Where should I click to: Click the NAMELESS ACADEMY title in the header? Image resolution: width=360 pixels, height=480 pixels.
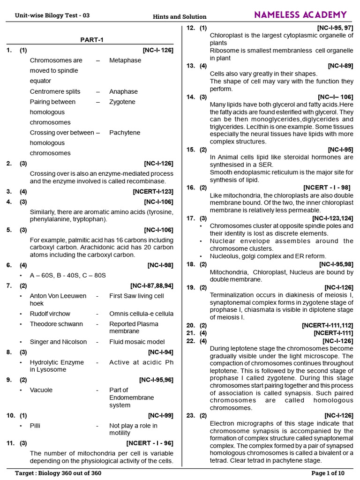pyautogui.click(x=300, y=15)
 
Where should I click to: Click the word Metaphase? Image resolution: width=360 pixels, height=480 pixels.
pyautogui.click(x=125, y=60)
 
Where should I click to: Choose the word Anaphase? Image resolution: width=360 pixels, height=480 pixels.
pyautogui.click(x=123, y=92)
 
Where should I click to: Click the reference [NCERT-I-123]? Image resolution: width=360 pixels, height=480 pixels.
pyautogui.click(x=153, y=192)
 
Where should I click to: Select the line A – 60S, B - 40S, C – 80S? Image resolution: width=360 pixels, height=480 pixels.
pyautogui.click(x=68, y=276)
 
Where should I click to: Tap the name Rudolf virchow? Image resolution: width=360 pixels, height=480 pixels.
pyautogui.click(x=50, y=314)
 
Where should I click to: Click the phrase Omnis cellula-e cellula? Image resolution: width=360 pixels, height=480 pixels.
pyautogui.click(x=141, y=314)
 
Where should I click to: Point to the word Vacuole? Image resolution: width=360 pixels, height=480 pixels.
pyautogui.click(x=41, y=390)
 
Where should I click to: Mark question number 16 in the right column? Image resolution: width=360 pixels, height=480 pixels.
pyautogui.click(x=190, y=187)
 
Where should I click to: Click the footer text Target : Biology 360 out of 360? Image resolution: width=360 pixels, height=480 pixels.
pyautogui.click(x=58, y=473)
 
